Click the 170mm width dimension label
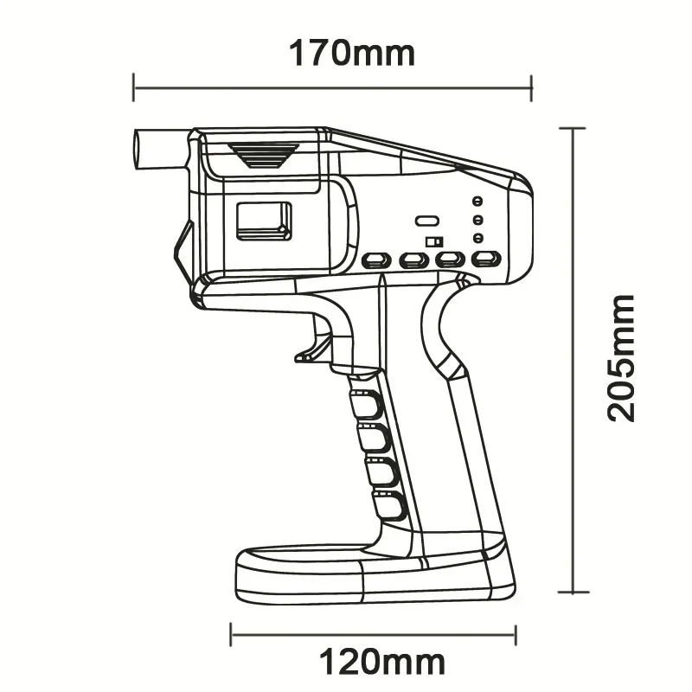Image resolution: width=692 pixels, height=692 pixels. (351, 53)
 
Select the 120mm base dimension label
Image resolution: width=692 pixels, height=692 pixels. (382, 663)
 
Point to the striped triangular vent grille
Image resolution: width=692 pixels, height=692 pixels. (264, 154)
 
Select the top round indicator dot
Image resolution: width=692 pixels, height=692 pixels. (477, 201)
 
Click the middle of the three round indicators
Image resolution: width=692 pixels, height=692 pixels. (477, 220)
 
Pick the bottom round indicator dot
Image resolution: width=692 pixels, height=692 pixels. (477, 238)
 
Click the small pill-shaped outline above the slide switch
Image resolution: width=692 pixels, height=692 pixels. (426, 221)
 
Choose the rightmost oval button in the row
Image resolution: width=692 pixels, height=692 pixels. (486, 259)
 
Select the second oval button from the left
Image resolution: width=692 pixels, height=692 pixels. (413, 259)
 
